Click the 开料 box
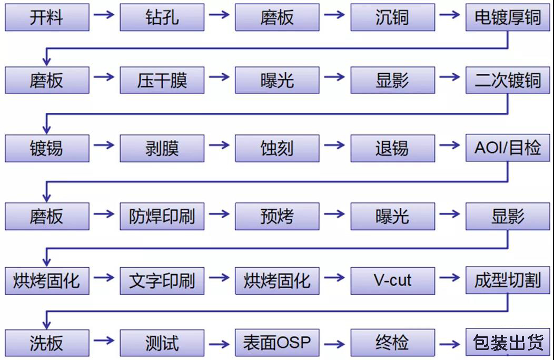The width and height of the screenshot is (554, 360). pyautogui.click(x=46, y=17)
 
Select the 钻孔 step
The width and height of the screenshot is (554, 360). pyautogui.click(x=162, y=17)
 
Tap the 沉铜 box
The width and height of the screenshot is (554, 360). pyautogui.click(x=392, y=17)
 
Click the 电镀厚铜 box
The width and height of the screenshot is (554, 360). pyautogui.click(x=508, y=17)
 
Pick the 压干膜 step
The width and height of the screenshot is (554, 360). pyautogui.click(x=162, y=81)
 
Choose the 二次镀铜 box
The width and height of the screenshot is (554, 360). pyautogui.click(x=508, y=81)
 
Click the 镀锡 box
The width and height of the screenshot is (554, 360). pyautogui.click(x=46, y=148)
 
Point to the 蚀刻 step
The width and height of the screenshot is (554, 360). pyautogui.click(x=277, y=148)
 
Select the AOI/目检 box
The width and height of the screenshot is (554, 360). pyautogui.click(x=508, y=148)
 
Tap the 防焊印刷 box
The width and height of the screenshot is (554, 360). pyautogui.click(x=162, y=216)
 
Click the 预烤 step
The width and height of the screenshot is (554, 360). pyautogui.click(x=277, y=216)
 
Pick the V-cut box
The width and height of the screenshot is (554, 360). pyautogui.click(x=392, y=280)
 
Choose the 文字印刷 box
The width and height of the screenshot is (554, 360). pyautogui.click(x=162, y=280)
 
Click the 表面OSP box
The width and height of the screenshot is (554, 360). pyautogui.click(x=277, y=343)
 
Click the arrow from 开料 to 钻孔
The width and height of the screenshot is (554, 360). pyautogui.click(x=104, y=14)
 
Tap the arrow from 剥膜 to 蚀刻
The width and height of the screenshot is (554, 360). pyautogui.click(x=219, y=145)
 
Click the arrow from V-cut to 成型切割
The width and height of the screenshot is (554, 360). pyautogui.click(x=450, y=277)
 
